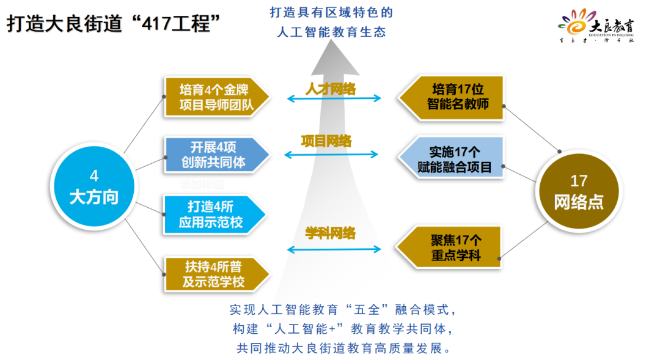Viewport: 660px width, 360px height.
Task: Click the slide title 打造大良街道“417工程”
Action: click(x=114, y=24)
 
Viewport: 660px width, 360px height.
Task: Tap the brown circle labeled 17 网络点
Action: click(x=578, y=191)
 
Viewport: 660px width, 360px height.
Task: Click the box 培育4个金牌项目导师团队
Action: click(x=216, y=97)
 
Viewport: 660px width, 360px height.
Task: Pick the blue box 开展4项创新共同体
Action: click(x=216, y=155)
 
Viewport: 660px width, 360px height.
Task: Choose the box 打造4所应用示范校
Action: click(x=214, y=215)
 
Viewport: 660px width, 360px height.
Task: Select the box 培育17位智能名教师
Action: click(x=453, y=97)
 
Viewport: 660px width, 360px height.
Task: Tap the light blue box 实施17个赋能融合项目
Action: click(x=453, y=158)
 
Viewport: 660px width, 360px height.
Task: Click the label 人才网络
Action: click(x=331, y=89)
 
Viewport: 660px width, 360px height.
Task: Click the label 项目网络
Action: click(x=326, y=141)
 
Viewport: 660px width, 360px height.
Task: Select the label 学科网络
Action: click(x=331, y=232)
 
